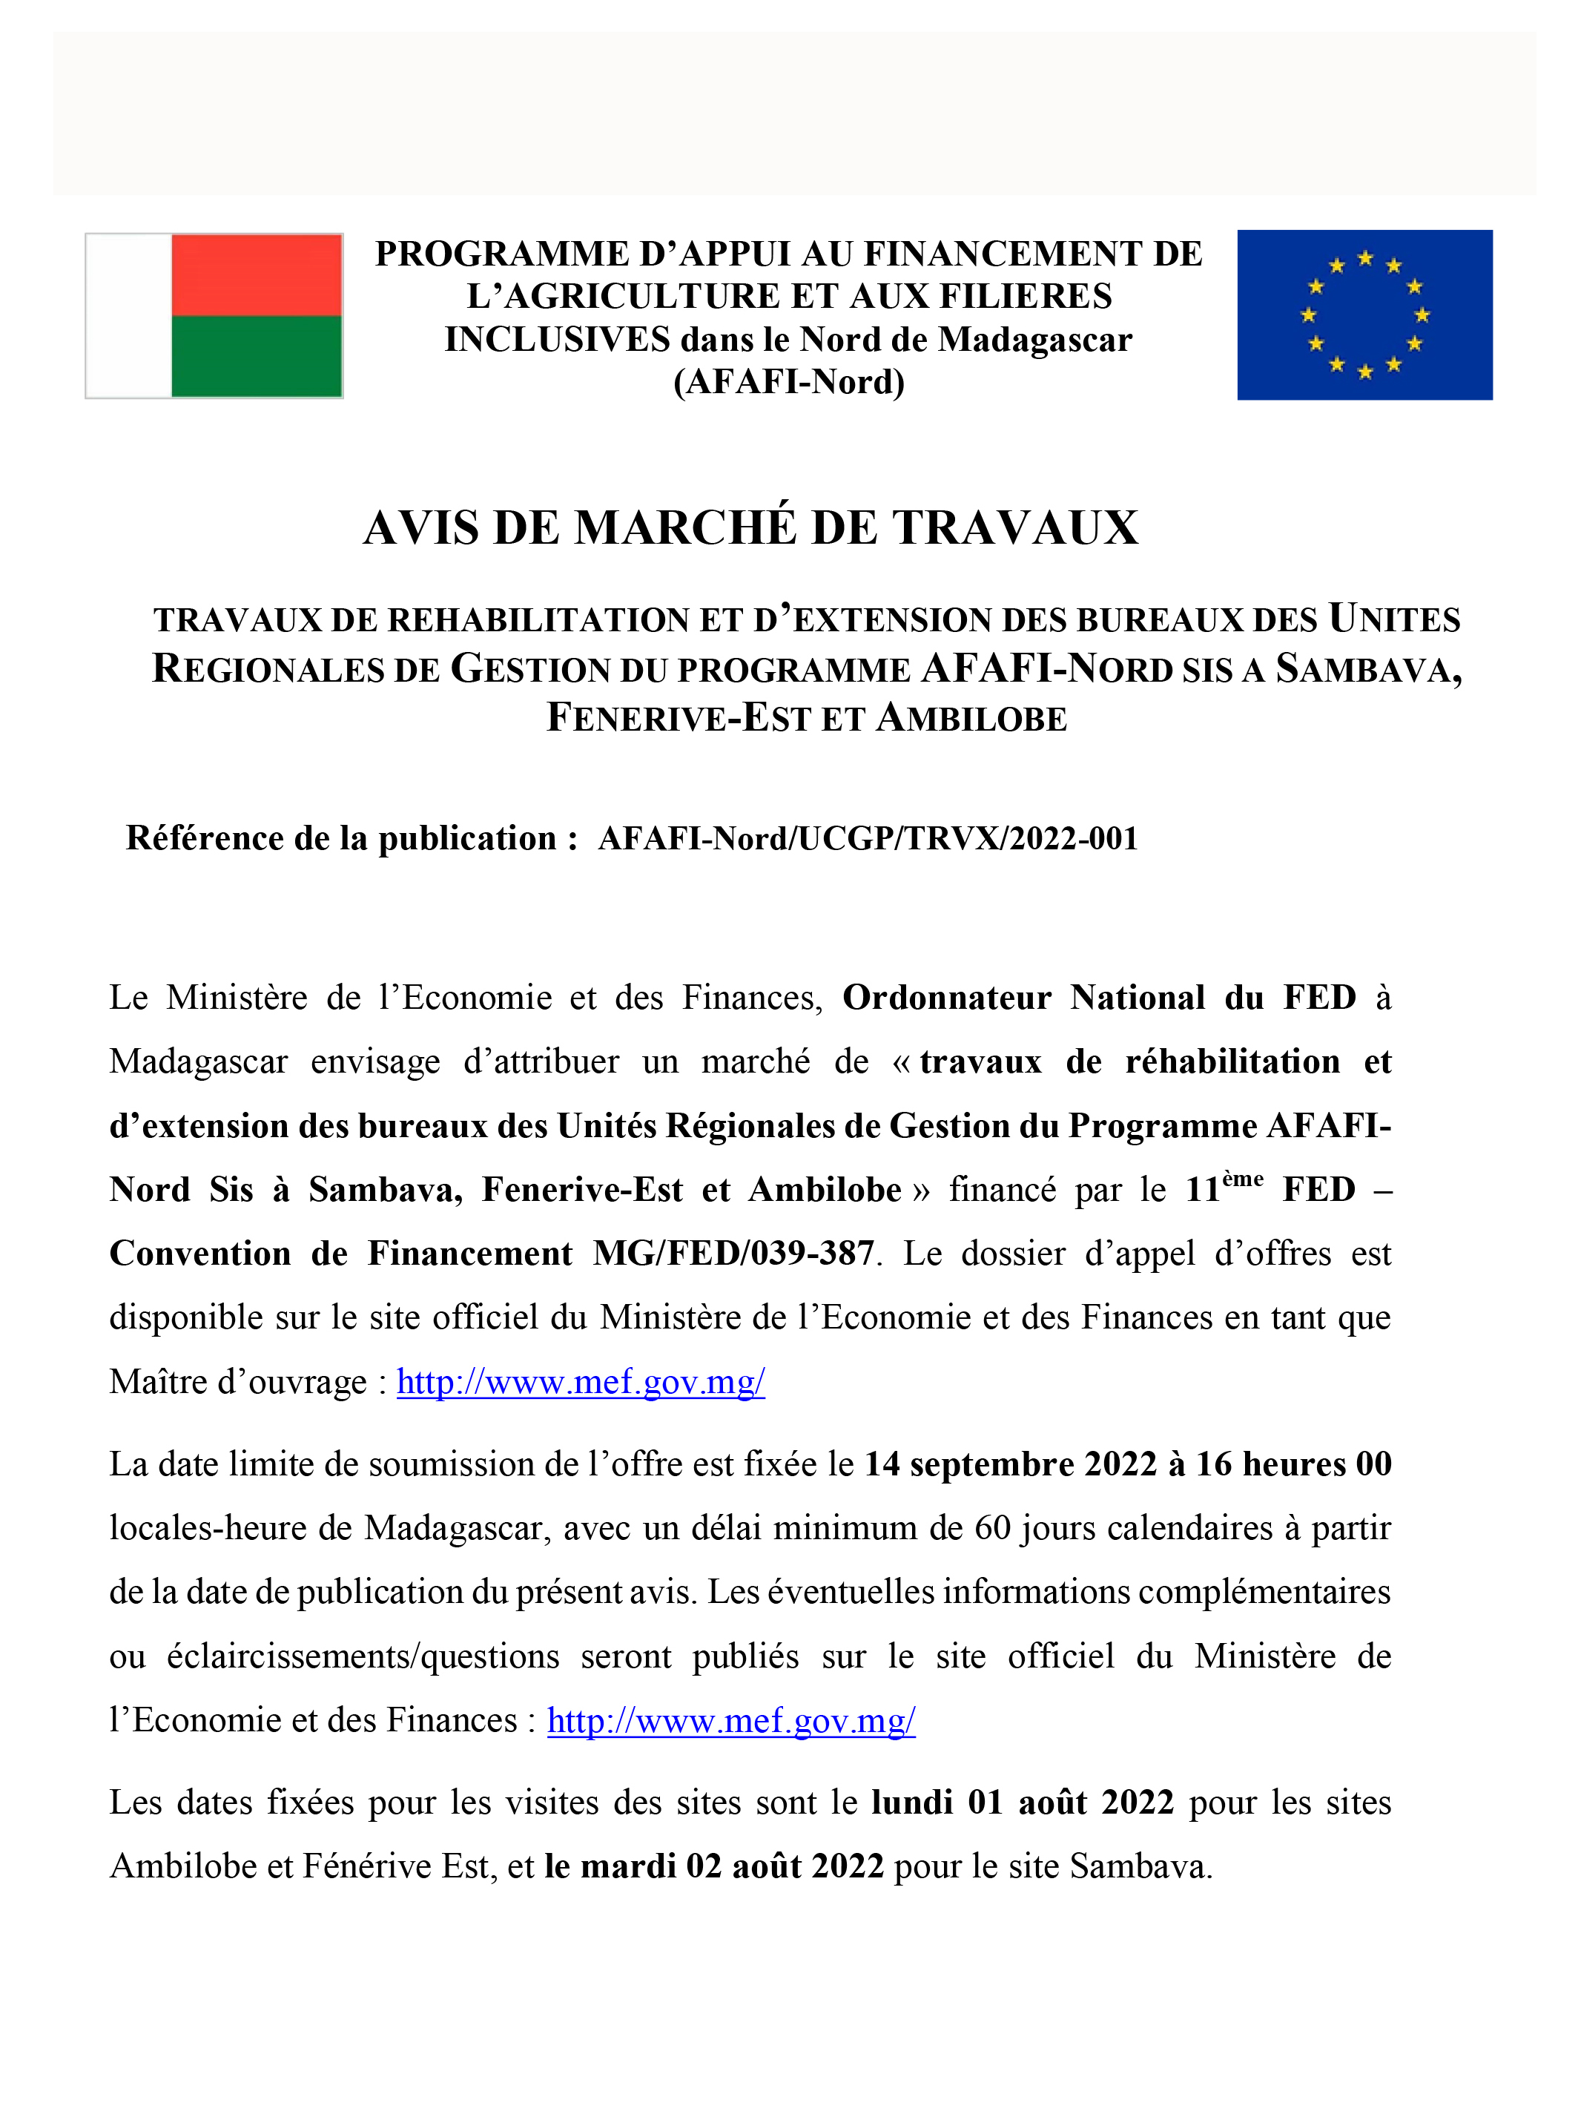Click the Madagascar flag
214,315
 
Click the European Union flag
1364,315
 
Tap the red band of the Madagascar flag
256,275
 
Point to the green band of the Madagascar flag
256,355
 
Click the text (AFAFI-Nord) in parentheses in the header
789,381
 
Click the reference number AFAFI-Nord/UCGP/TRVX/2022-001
868,838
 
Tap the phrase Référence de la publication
341,838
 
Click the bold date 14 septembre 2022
1010,1464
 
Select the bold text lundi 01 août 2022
1022,1802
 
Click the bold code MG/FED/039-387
733,1254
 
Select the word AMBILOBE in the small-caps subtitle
971,719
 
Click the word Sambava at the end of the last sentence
1140,1866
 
